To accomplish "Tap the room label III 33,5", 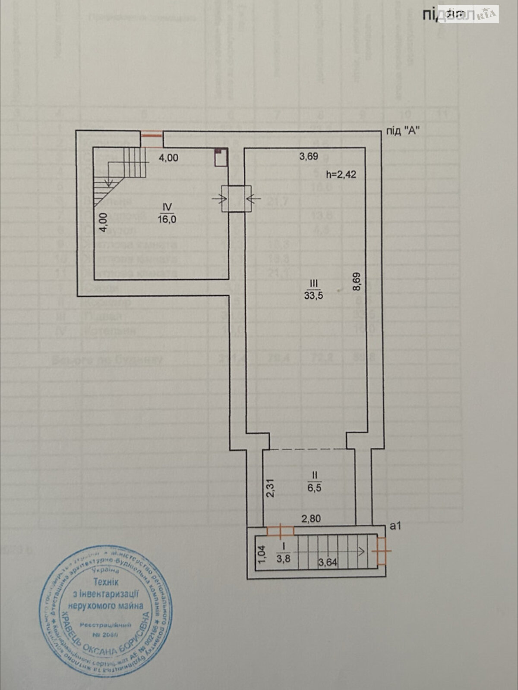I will tap(313, 289).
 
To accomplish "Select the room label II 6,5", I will tap(315, 482).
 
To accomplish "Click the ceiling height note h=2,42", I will tap(341, 175).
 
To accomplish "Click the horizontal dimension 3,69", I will tap(309, 157).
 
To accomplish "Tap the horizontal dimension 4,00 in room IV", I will tap(168, 158).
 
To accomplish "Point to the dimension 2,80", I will tap(311, 519).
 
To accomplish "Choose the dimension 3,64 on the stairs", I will tap(328, 562).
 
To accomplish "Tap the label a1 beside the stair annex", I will tap(395, 526).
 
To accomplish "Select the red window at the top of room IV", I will tap(152, 135).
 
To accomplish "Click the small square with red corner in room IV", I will tap(221, 157).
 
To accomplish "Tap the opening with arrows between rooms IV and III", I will tap(236, 198).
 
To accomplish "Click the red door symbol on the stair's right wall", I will tap(382, 551).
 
